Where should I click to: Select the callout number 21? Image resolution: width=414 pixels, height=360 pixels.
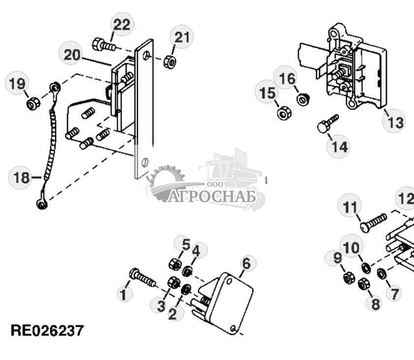tap(182, 37)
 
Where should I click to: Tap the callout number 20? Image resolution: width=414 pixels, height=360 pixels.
tap(72, 54)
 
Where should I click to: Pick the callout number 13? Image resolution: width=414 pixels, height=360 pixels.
tap(395, 122)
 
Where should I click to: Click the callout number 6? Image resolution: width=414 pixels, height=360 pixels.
tap(246, 263)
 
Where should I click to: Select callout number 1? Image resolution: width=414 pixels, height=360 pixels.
tap(124, 295)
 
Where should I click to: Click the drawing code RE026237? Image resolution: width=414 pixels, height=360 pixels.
tap(47, 330)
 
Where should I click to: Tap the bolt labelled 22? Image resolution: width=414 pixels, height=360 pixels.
tap(103, 45)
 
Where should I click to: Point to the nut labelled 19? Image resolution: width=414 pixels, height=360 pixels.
tap(32, 103)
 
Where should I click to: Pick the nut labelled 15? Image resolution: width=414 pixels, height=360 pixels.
tap(283, 114)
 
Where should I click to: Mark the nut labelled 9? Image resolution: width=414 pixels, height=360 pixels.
tap(346, 279)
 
